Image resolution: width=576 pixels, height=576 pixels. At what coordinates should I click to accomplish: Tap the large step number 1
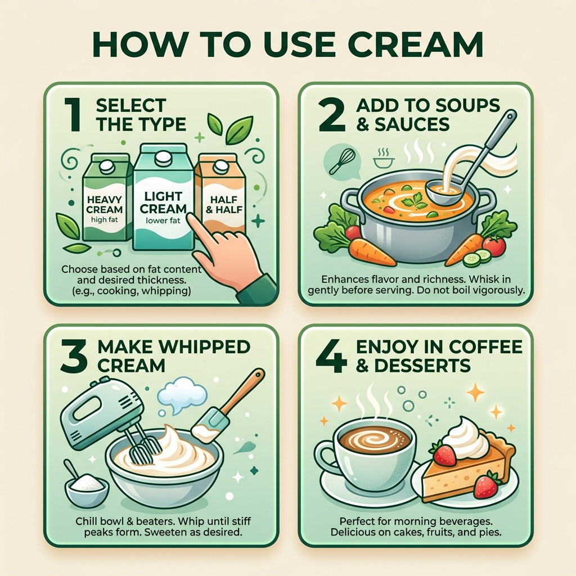pyautogui.click(x=73, y=115)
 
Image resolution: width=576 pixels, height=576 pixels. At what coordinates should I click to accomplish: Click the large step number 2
pyautogui.click(x=332, y=115)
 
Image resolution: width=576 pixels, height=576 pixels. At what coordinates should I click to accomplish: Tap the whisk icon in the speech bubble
pyautogui.click(x=342, y=161)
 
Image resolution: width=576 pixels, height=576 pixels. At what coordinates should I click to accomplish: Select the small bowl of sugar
pyautogui.click(x=87, y=489)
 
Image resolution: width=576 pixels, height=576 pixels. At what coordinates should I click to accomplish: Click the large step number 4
pyautogui.click(x=331, y=355)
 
